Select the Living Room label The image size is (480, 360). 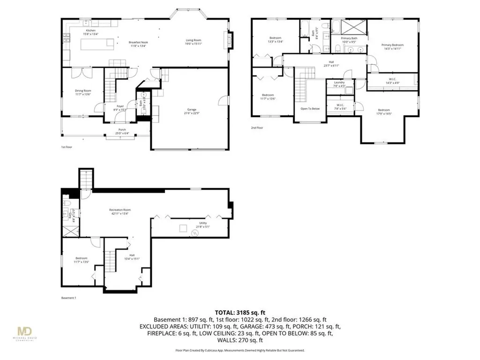click(x=193, y=42)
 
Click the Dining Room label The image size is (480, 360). click(x=83, y=92)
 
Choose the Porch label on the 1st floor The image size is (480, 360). click(x=122, y=131)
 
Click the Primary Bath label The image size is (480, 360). click(x=348, y=40)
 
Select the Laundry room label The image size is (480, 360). click(x=339, y=83)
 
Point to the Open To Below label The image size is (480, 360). click(x=310, y=109)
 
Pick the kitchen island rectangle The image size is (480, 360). click(x=98, y=44)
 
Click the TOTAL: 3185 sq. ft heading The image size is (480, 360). click(x=240, y=312)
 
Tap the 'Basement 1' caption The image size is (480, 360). click(x=68, y=298)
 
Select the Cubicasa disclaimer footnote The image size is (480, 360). click(x=240, y=350)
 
